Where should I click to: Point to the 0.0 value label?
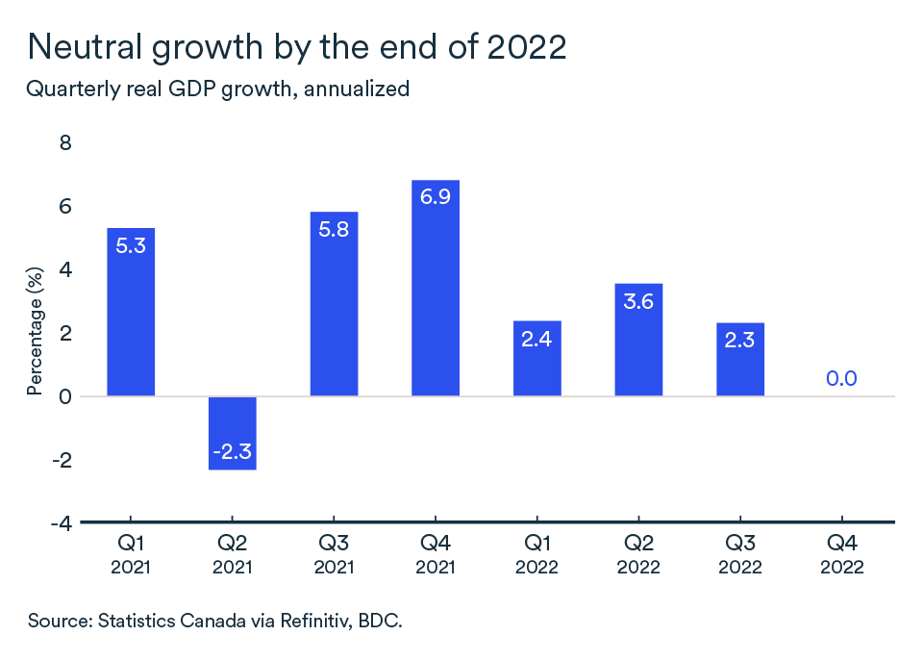[841, 379]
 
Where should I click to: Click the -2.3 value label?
[233, 451]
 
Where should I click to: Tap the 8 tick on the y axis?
[66, 143]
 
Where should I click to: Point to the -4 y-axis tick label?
[62, 523]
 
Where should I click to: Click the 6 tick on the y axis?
[66, 207]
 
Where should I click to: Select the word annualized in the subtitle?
[359, 89]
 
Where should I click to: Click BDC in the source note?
[380, 621]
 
